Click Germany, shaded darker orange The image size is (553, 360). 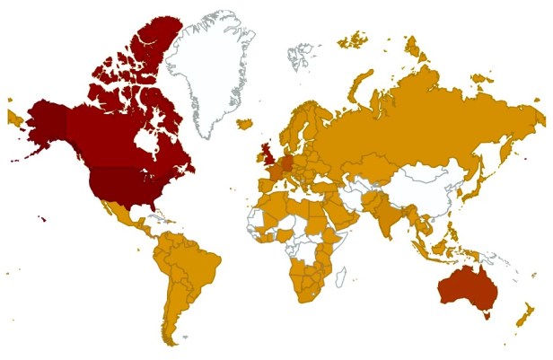point(285,163)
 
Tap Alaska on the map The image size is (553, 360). point(45,126)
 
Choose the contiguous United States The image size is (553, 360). point(126,184)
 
